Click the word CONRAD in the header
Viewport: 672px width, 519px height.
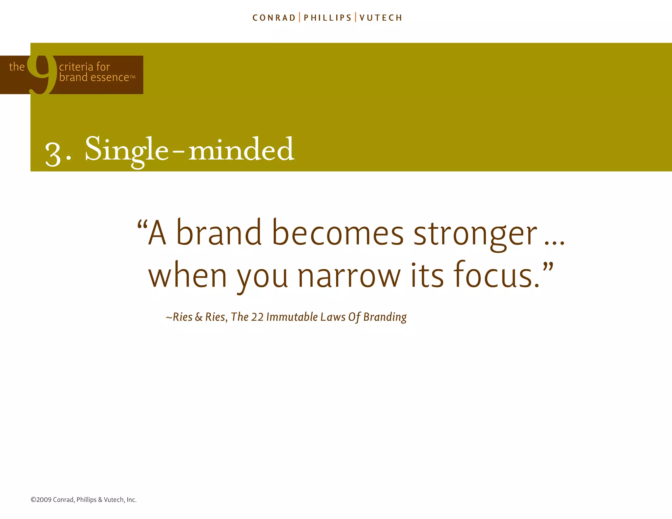click(x=274, y=18)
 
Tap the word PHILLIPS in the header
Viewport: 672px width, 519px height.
click(x=327, y=18)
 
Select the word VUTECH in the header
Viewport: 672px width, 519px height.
click(x=381, y=18)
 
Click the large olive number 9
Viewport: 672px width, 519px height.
click(x=42, y=75)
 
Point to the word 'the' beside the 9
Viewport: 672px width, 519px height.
click(x=17, y=67)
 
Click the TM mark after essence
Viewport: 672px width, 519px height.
click(x=133, y=77)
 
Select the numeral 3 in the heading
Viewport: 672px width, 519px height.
click(x=53, y=154)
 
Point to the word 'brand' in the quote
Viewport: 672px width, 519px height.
click(x=219, y=233)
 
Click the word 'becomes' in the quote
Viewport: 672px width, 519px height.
click(x=338, y=233)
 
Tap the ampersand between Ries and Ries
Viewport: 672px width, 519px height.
click(x=199, y=317)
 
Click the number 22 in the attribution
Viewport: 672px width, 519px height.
click(x=257, y=317)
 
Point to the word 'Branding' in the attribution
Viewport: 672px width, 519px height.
click(x=385, y=317)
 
